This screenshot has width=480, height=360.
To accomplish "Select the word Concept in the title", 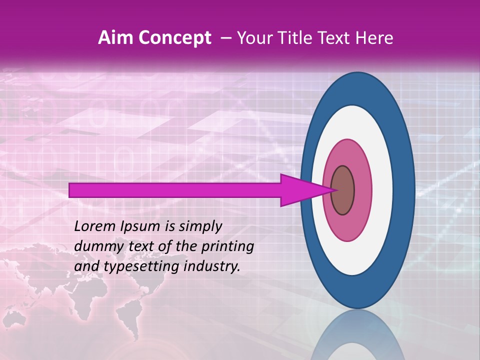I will pyautogui.click(x=174, y=38).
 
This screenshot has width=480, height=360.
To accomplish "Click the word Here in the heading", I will pyautogui.click(x=375, y=38).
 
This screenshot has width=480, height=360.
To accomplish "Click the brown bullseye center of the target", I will pyautogui.click(x=342, y=190).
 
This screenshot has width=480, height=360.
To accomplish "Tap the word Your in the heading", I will pyautogui.click(x=253, y=38).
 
